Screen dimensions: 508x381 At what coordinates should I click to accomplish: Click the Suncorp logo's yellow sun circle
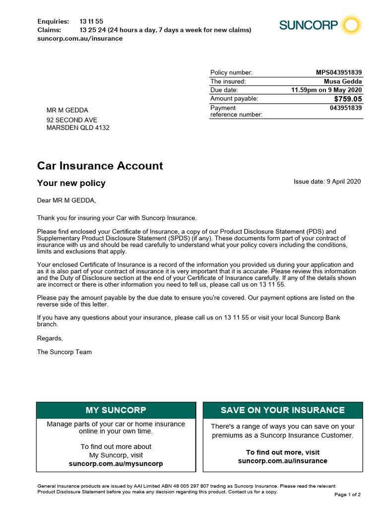click(352, 25)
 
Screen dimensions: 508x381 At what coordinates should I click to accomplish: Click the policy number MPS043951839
click(339, 72)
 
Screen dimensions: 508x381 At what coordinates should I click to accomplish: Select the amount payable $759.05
click(347, 99)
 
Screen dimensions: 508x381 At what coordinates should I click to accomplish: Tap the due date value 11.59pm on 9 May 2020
click(326, 90)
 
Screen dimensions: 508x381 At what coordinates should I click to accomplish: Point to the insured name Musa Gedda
click(343, 81)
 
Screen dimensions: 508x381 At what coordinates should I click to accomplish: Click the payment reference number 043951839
click(346, 108)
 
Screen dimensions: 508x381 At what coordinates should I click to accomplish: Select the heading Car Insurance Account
click(100, 166)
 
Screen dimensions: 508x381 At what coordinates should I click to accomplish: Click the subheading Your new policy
click(71, 183)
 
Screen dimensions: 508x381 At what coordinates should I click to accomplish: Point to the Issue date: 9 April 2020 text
click(327, 182)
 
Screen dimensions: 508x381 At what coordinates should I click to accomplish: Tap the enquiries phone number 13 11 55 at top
click(91, 21)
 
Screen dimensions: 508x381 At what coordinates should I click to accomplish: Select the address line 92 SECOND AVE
click(72, 120)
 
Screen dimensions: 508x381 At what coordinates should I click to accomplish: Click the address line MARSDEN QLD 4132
click(78, 128)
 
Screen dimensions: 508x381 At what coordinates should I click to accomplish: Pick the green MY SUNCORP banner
click(116, 410)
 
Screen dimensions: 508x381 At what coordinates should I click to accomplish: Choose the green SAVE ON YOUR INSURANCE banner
click(283, 410)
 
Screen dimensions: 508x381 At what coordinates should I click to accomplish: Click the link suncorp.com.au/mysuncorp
click(116, 464)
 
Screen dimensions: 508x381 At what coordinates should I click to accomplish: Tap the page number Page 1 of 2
click(348, 495)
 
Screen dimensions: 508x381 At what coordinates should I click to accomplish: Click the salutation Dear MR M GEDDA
click(66, 200)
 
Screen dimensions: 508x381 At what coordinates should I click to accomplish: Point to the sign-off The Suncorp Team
click(64, 352)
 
